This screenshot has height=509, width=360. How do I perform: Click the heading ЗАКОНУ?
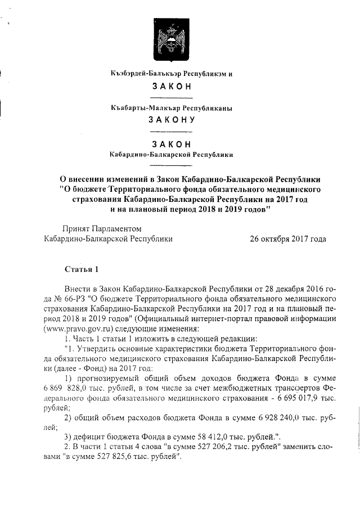click(171, 119)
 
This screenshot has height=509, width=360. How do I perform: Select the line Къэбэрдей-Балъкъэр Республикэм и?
click(171, 74)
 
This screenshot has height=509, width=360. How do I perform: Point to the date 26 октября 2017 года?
click(287, 238)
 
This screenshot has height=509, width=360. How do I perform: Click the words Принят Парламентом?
click(101, 228)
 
